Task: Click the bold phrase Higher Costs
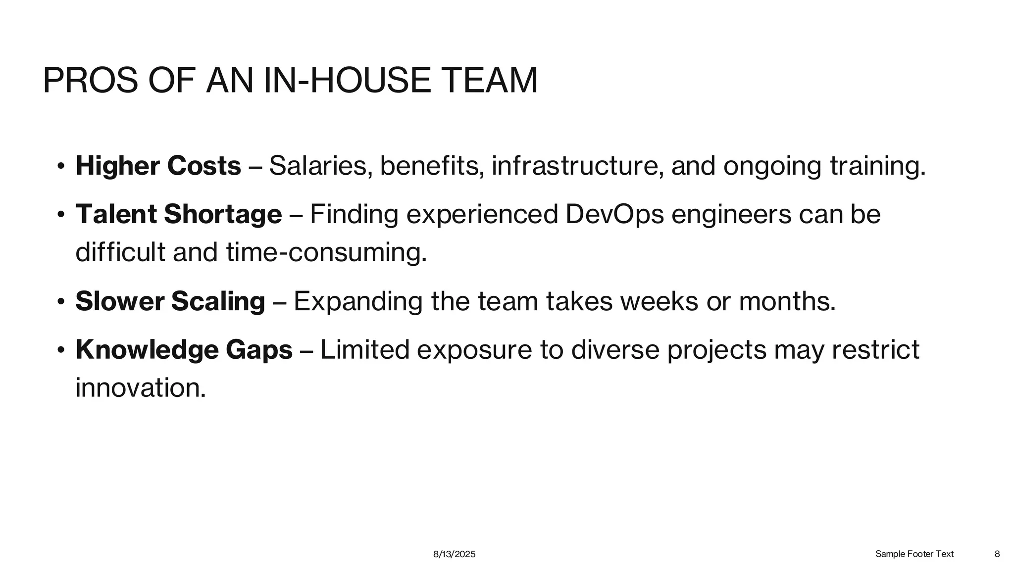(x=158, y=166)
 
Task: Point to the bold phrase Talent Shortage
(x=178, y=214)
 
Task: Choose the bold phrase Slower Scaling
(x=170, y=301)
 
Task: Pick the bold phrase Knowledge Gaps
(x=184, y=350)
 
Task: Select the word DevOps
(x=614, y=214)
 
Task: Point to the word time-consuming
(x=326, y=252)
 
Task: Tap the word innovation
(x=140, y=387)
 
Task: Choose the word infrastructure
(x=577, y=166)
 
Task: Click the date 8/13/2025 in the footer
(x=454, y=554)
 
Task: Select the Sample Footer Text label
(x=914, y=554)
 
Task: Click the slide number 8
(x=997, y=554)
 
